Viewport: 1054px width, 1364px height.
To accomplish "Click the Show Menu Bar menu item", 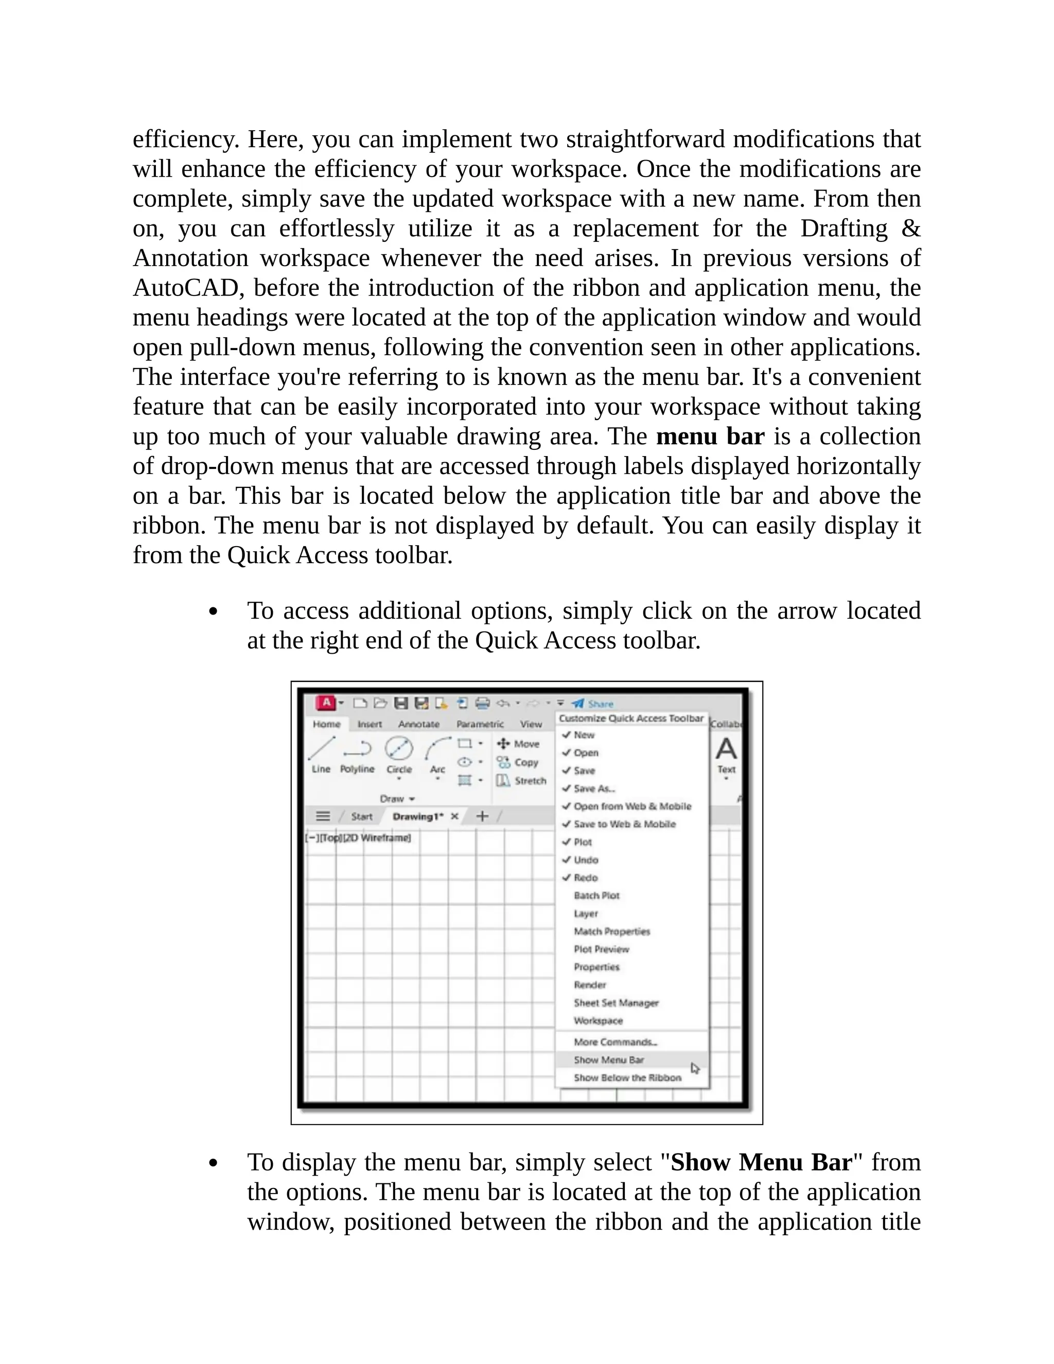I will pos(609,1060).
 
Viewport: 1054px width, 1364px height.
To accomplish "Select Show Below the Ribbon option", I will pos(627,1078).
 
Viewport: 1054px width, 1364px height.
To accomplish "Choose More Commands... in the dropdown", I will pos(615,1042).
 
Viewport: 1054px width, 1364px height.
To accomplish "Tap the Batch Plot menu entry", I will pos(596,896).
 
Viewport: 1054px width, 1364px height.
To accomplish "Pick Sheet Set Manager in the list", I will pos(616,1003).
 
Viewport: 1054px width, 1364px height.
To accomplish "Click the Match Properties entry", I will pos(611,931).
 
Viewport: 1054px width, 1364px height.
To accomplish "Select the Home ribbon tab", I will pos(327,725).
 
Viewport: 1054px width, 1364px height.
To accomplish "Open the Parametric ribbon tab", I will pos(480,725).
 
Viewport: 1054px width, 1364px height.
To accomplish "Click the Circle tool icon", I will pos(399,748).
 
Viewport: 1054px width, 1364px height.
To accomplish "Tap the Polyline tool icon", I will pos(357,748).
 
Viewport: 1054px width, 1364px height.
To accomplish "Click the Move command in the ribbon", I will pos(518,744).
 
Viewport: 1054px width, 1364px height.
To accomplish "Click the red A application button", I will pos(326,703).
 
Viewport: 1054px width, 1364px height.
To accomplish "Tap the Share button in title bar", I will pos(593,704).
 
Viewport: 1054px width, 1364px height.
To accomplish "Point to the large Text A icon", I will pos(726,749).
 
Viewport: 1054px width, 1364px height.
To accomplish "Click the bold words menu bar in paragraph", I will pos(710,436).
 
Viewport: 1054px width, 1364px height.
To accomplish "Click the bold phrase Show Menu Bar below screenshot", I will pos(761,1162).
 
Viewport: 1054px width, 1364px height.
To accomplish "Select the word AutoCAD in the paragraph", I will pos(187,288).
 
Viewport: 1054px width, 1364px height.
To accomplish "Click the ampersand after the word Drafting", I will pos(911,229).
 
